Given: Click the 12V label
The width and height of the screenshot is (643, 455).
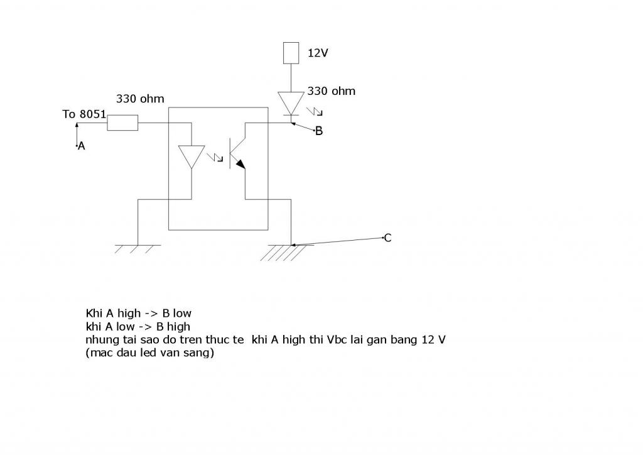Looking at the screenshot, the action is click(x=318, y=53).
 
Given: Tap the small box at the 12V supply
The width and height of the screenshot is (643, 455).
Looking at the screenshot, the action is click(x=291, y=53).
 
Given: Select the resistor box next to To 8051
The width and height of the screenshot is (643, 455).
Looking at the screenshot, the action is click(x=122, y=123).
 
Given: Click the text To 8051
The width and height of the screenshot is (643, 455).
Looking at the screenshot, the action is click(x=84, y=114).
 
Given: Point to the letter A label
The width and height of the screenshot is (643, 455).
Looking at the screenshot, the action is click(x=81, y=146).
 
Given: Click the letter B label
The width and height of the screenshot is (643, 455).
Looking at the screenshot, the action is click(x=318, y=131).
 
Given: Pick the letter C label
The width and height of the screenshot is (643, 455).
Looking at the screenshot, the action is click(x=387, y=238).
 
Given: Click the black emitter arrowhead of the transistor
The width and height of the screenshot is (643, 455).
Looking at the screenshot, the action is click(x=240, y=164).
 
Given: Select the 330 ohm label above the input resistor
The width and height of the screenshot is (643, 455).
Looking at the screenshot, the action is click(x=140, y=99).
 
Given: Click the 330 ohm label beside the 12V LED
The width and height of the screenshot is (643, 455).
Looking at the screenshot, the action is click(x=332, y=91).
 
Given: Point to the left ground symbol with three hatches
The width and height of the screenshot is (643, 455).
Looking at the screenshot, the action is click(x=138, y=249).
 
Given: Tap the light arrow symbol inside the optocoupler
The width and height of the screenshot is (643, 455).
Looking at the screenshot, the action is click(x=215, y=157).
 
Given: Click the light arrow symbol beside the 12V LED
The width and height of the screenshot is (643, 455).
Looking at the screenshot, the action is click(x=315, y=111).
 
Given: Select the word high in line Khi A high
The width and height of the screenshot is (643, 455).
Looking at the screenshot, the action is click(x=129, y=314).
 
